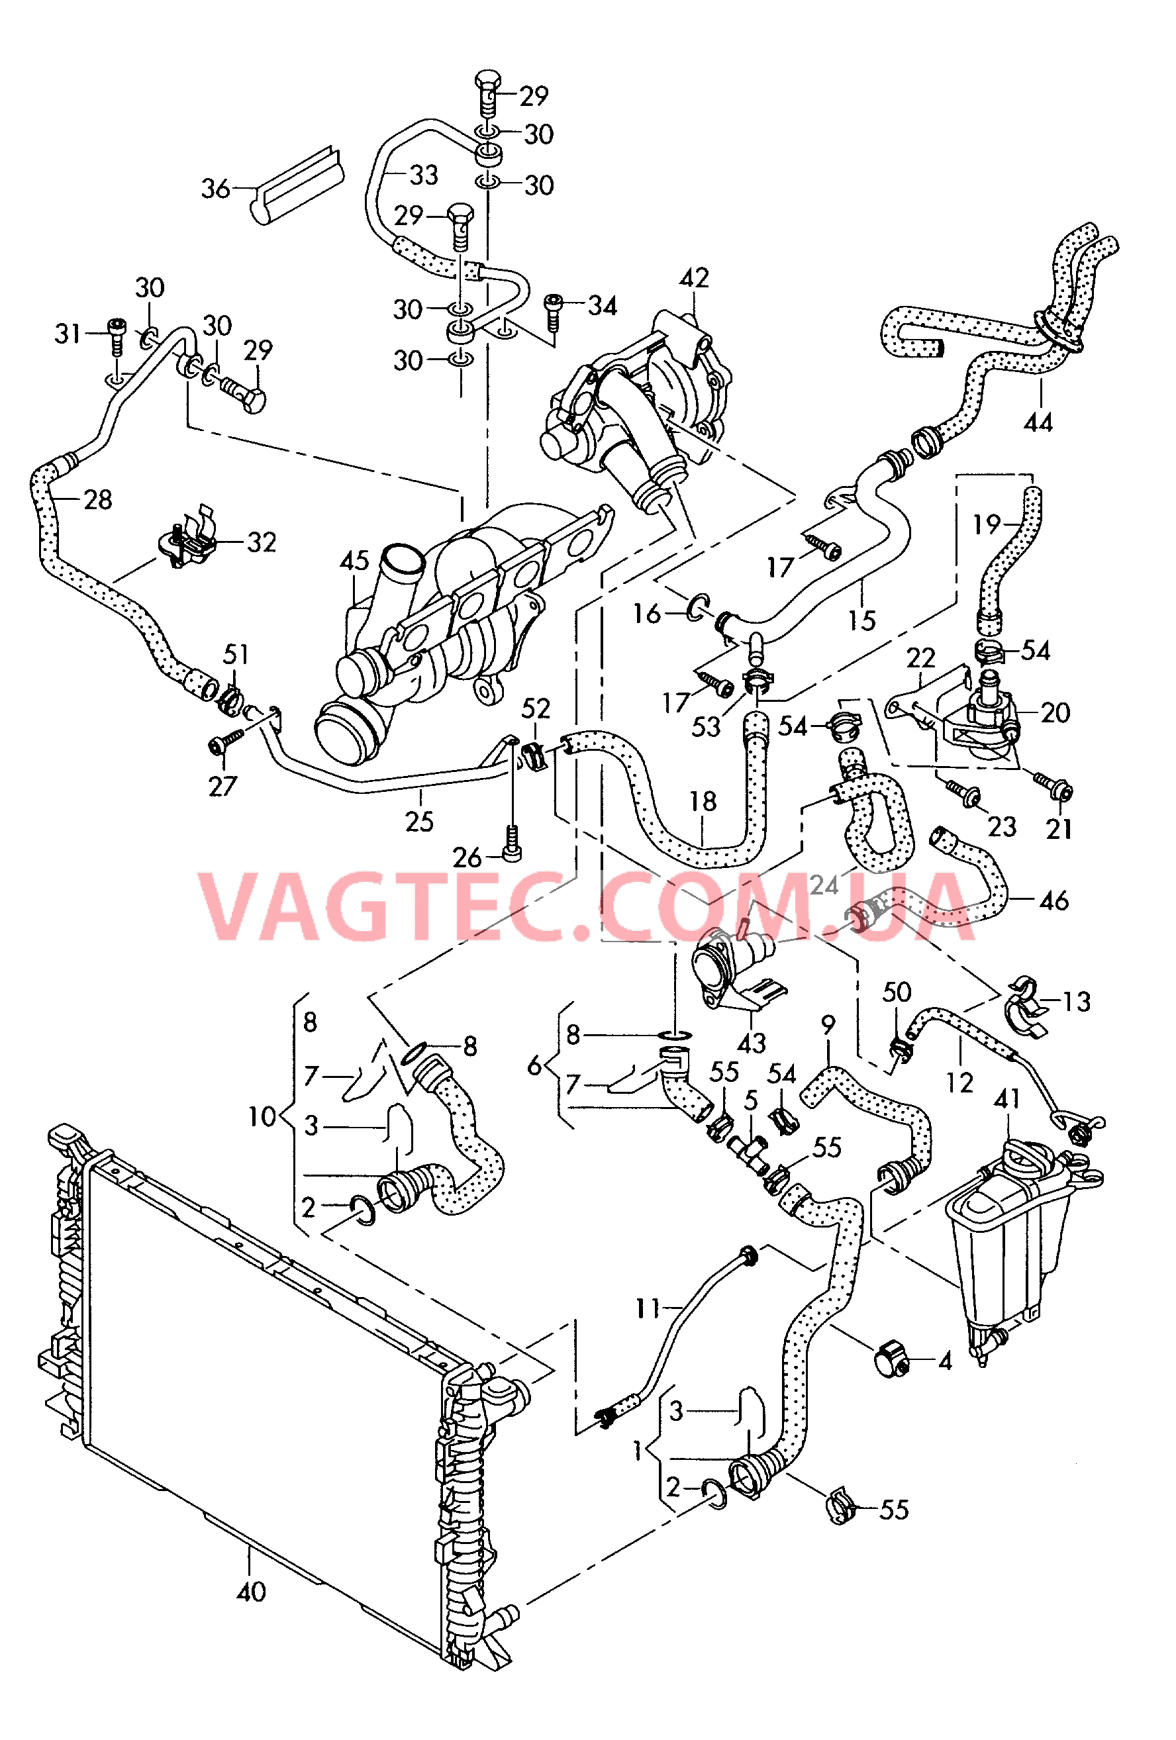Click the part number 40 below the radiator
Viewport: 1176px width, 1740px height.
click(251, 1592)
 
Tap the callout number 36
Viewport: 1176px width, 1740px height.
click(216, 188)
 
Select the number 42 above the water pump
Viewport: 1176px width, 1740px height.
click(694, 278)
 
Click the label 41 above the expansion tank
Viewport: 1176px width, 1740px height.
click(1008, 1098)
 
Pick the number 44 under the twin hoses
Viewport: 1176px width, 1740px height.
click(1038, 422)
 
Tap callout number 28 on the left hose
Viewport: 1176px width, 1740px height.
click(97, 499)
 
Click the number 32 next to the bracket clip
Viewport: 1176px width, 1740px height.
click(262, 542)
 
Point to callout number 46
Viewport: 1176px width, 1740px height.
click(1054, 900)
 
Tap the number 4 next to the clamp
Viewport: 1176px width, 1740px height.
click(945, 1361)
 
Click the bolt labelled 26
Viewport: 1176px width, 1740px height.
click(512, 843)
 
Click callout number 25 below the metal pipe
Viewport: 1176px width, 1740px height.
click(419, 821)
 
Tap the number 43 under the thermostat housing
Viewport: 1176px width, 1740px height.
click(752, 1042)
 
